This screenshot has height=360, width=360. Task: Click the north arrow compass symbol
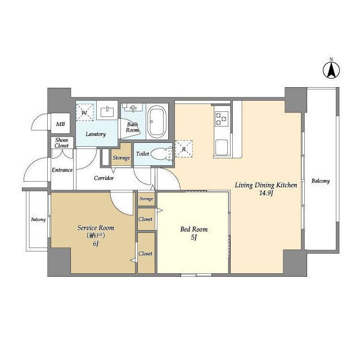pyautogui.click(x=331, y=70)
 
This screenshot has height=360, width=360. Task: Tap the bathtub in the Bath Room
pyautogui.click(x=157, y=121)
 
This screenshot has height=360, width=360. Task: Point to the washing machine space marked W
pyautogui.click(x=85, y=112)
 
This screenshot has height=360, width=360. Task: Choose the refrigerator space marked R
pyautogui.click(x=184, y=148)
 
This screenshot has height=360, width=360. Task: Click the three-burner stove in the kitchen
pyautogui.click(x=222, y=119)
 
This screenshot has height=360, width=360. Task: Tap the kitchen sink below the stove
pyautogui.click(x=221, y=147)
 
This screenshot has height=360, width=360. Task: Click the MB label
pyautogui.click(x=60, y=124)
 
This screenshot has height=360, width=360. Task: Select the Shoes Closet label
pyautogui.click(x=61, y=143)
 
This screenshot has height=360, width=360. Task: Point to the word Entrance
pyautogui.click(x=62, y=170)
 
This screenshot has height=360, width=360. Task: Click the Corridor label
pyautogui.click(x=103, y=178)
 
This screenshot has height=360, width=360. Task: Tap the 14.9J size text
pyautogui.click(x=265, y=193)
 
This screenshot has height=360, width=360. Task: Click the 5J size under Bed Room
pyautogui.click(x=193, y=237)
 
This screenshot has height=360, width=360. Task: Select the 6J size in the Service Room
pyautogui.click(x=96, y=244)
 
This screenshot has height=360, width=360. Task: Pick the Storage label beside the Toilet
pyautogui.click(x=121, y=157)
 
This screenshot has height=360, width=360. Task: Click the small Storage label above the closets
pyautogui.click(x=146, y=199)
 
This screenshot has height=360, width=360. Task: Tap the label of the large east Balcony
pyautogui.click(x=321, y=181)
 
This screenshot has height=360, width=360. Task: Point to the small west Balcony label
pyautogui.click(x=38, y=219)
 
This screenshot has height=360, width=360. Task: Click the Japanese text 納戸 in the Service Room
pyautogui.click(x=96, y=236)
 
